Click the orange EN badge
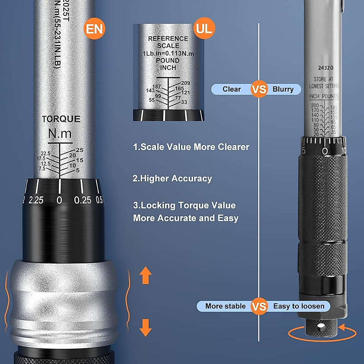[x=94, y=29]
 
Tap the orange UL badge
[x=204, y=28]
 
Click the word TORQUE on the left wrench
[x=61, y=119]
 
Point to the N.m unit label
[x=60, y=133]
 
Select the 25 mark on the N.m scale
[x=79, y=150]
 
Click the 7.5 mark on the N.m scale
[x=42, y=169]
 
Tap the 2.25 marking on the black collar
[x=36, y=200]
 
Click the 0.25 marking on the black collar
[x=83, y=200]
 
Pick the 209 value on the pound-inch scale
[x=185, y=83]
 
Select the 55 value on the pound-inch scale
[x=152, y=100]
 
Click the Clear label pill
[x=231, y=89]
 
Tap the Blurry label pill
[x=283, y=89]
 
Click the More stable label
[x=225, y=306]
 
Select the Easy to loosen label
[x=299, y=306]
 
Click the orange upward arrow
[x=145, y=275]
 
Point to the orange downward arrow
[x=145, y=328]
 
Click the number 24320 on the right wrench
[x=325, y=68]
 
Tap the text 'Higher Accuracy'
[x=172, y=178]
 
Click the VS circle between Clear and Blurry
[x=259, y=89]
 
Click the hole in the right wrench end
[x=321, y=326]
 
